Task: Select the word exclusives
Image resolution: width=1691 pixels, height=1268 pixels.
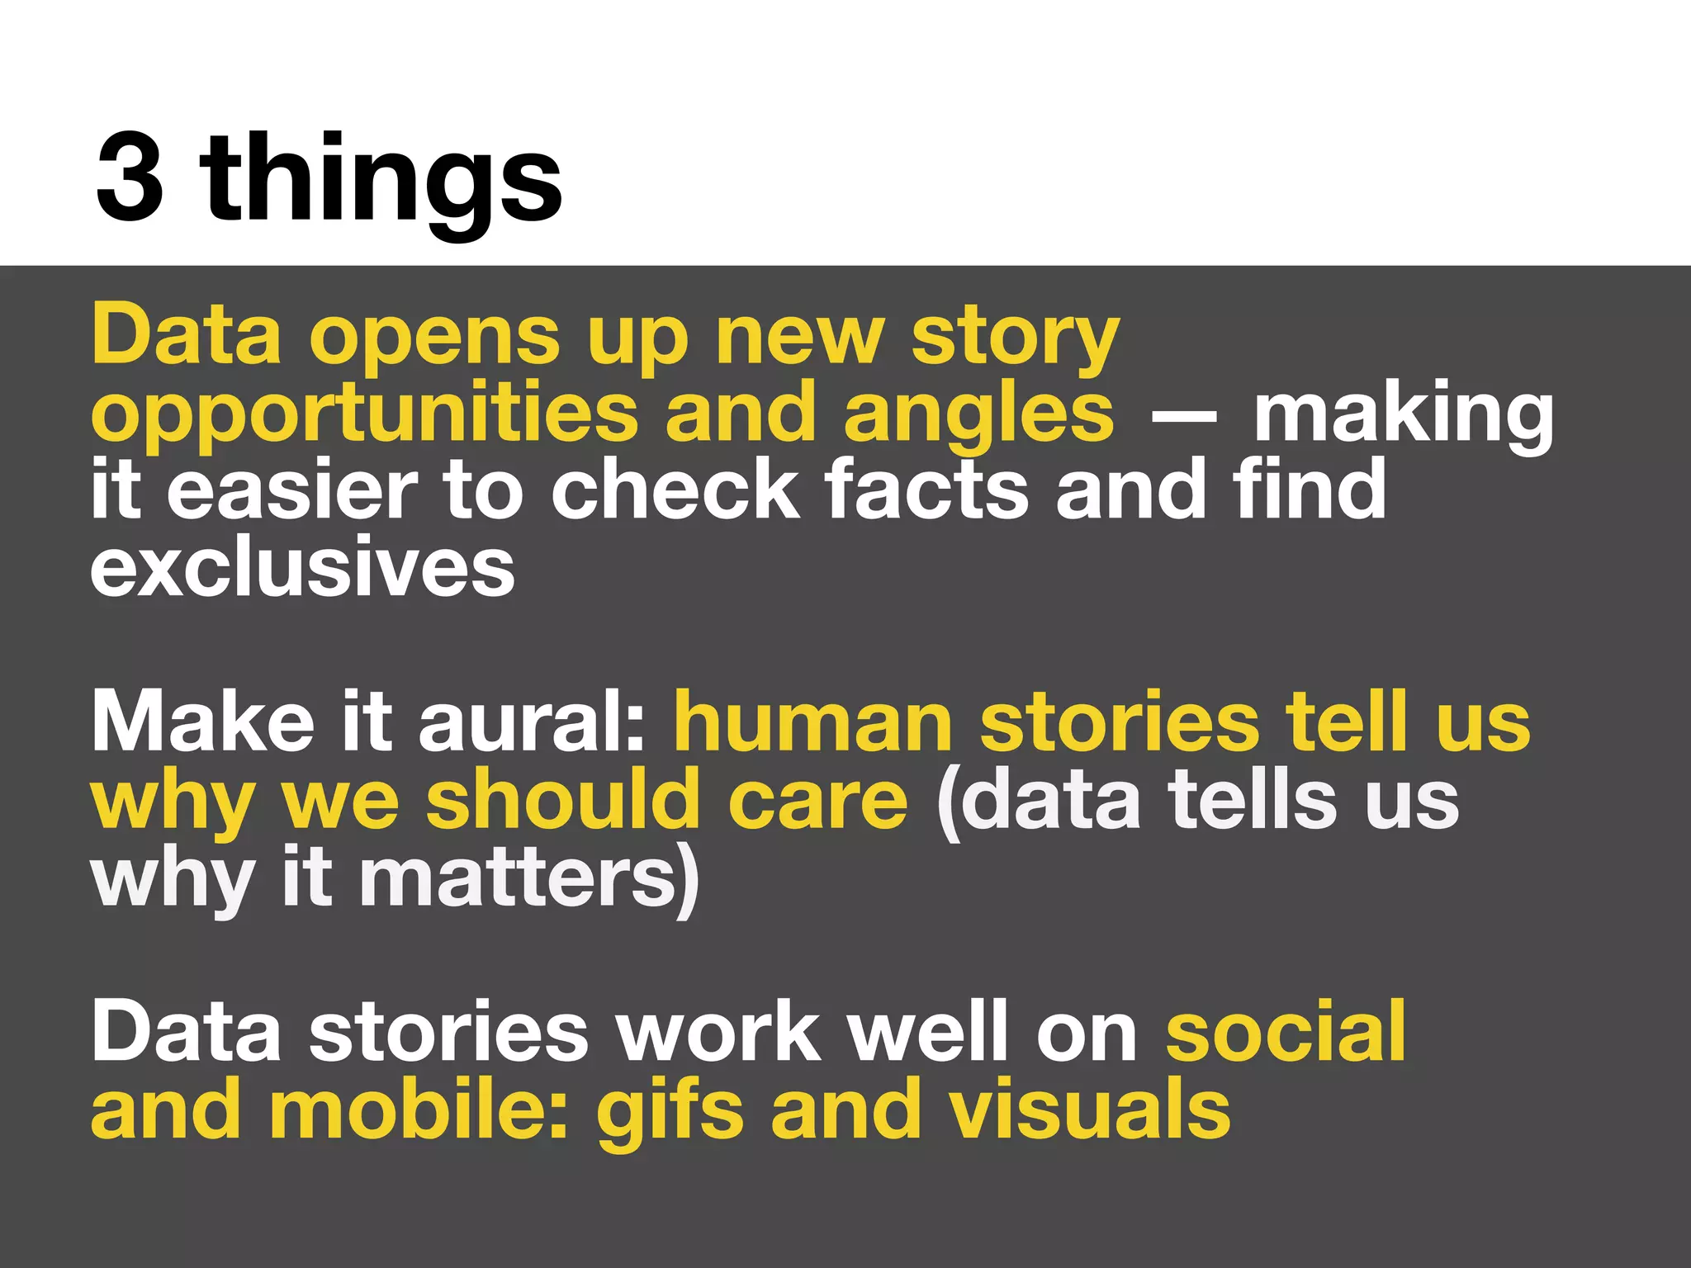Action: pyautogui.click(x=302, y=570)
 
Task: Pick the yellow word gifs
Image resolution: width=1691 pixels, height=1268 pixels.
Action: pyautogui.click(x=670, y=1111)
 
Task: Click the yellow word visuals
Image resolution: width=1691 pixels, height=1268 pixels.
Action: pyautogui.click(x=1089, y=1109)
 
